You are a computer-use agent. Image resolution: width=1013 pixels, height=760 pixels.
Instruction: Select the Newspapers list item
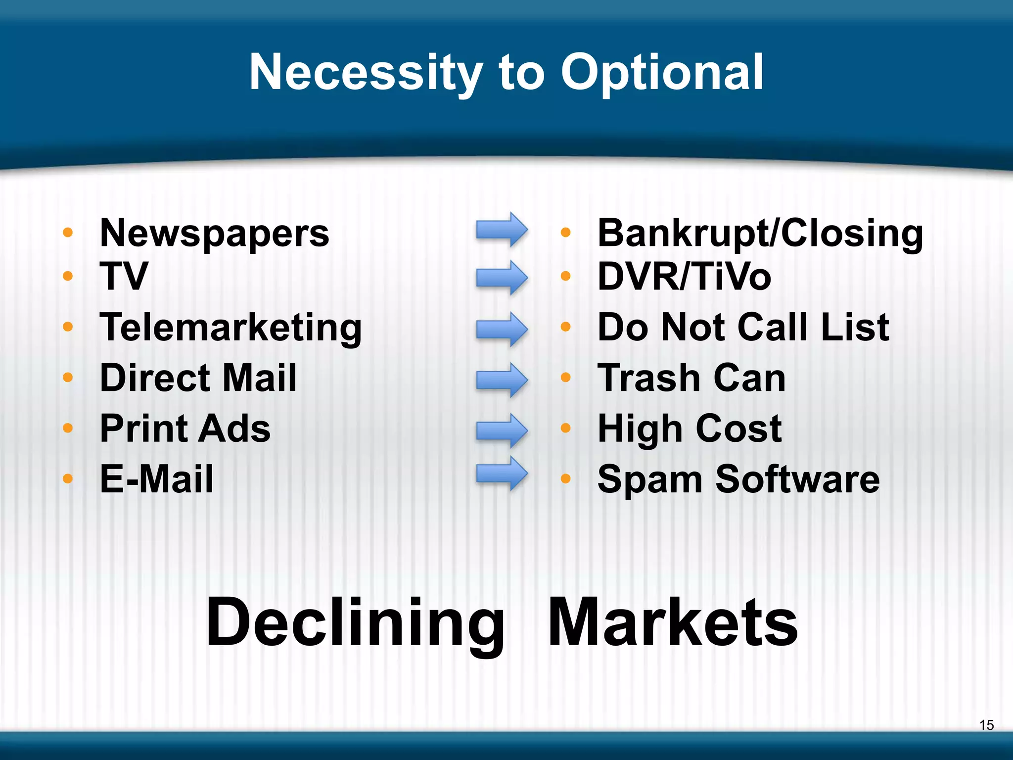[214, 233]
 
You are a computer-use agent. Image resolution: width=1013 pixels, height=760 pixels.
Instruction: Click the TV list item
[124, 276]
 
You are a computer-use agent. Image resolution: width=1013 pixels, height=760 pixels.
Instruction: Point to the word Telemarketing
[230, 328]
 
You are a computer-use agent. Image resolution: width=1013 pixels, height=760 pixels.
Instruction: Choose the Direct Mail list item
[198, 378]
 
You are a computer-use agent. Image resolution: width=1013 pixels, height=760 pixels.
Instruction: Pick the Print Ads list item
[185, 428]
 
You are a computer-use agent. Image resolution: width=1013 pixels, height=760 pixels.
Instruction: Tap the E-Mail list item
[157, 479]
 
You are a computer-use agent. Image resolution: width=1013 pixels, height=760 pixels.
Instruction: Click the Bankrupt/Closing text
[760, 233]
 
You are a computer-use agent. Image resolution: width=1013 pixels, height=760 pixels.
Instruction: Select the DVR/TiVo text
[684, 276]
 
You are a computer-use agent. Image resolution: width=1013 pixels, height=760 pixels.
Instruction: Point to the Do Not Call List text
[743, 328]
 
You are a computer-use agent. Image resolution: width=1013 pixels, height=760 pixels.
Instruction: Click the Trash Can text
[691, 378]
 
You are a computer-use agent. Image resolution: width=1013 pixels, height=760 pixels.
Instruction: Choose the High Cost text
[690, 428]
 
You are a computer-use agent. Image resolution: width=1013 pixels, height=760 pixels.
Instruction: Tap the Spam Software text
[738, 479]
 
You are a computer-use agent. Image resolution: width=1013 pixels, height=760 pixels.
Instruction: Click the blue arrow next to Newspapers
[502, 230]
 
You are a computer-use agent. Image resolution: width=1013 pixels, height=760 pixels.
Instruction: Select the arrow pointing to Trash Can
[502, 380]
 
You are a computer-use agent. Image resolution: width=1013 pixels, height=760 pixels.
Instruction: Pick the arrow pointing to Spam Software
[502, 474]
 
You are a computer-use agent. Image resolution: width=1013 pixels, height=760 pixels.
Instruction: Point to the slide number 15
[986, 725]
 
